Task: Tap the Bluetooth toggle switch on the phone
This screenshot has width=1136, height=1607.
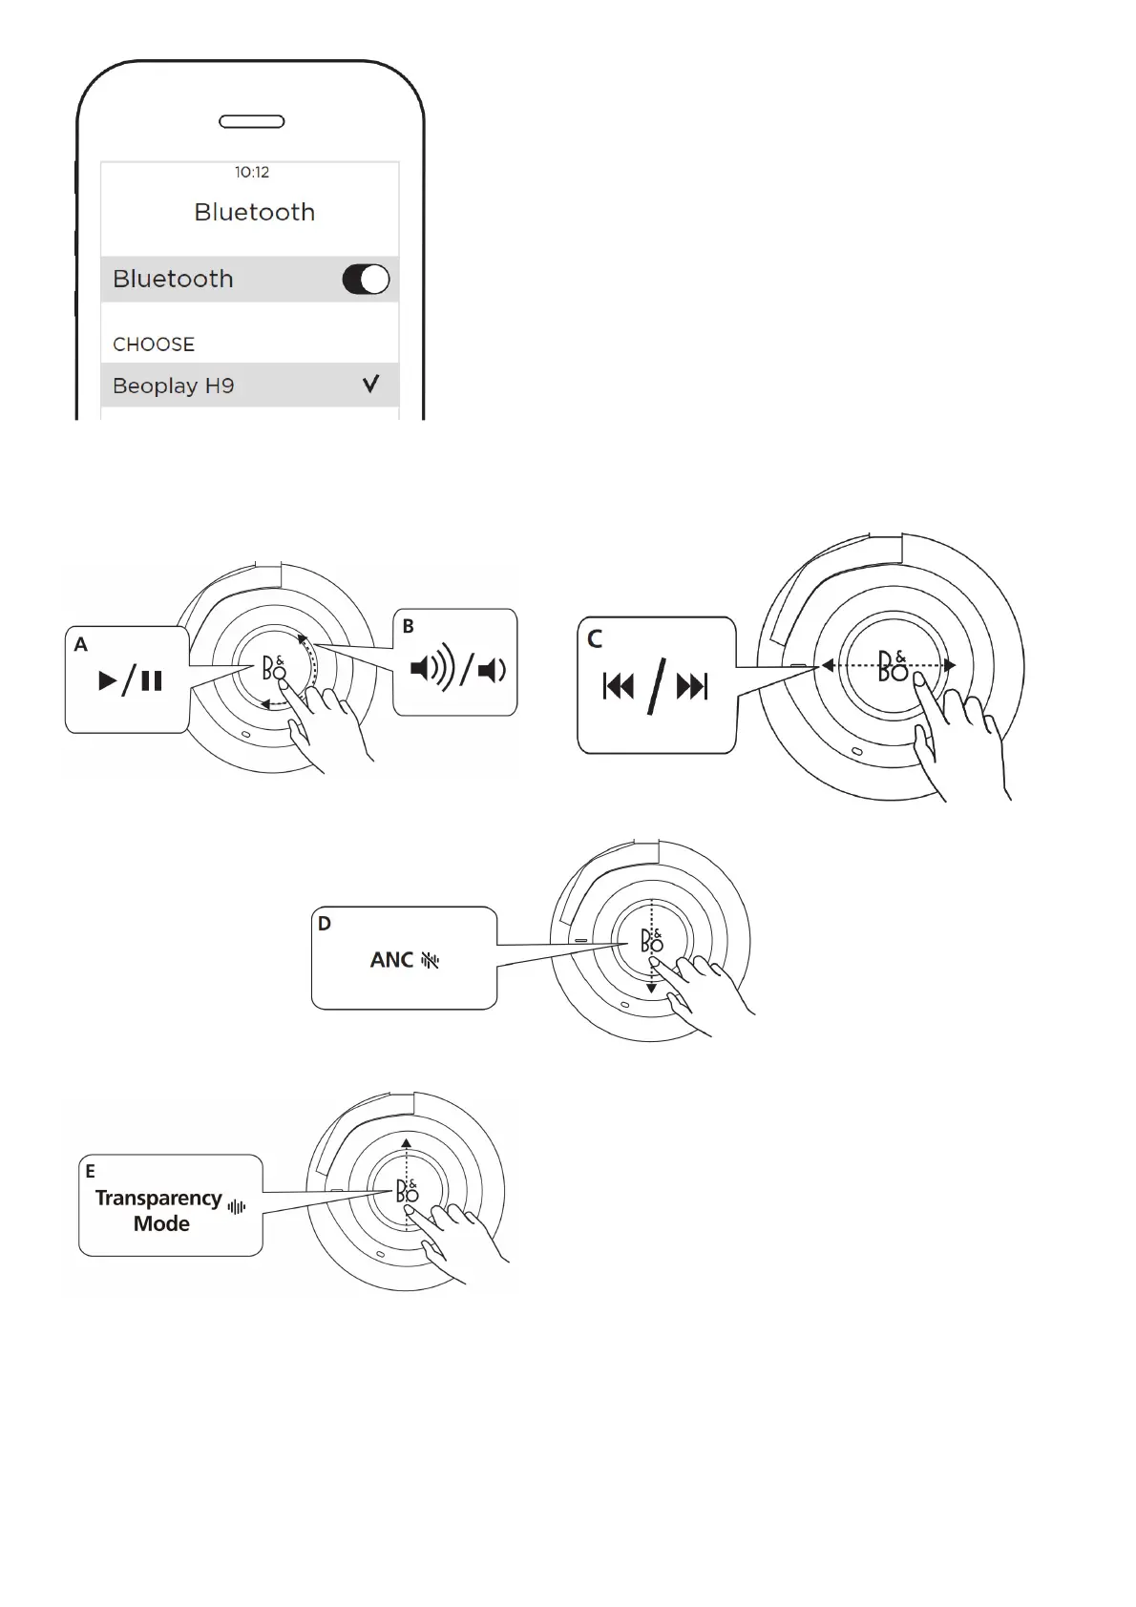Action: click(366, 280)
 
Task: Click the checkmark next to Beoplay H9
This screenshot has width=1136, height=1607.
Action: click(370, 385)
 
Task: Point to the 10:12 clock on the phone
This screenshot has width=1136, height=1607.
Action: click(252, 173)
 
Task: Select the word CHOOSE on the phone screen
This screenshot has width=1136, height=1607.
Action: click(154, 344)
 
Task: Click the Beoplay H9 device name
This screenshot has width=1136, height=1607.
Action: click(173, 386)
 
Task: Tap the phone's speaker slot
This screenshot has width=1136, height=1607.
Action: click(252, 121)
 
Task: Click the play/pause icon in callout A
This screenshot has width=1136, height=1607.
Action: click(131, 681)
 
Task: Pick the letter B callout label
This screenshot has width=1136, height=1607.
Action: click(409, 627)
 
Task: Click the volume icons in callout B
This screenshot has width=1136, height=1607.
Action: click(458, 670)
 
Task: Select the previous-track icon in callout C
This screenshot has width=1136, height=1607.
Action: click(619, 686)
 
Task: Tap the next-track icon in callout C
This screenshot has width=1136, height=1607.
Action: click(692, 686)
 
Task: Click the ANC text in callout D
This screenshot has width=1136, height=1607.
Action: click(392, 960)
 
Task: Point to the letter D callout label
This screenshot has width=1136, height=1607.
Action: click(325, 924)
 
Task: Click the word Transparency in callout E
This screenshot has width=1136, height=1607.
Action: click(158, 1199)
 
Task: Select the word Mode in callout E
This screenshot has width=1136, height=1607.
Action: click(161, 1224)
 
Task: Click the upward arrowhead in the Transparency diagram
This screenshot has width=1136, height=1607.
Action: click(407, 1142)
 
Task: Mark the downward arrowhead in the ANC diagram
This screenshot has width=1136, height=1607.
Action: click(651, 989)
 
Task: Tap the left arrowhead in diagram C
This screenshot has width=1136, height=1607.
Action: click(828, 666)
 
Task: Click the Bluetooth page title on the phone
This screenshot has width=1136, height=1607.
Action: click(254, 212)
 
